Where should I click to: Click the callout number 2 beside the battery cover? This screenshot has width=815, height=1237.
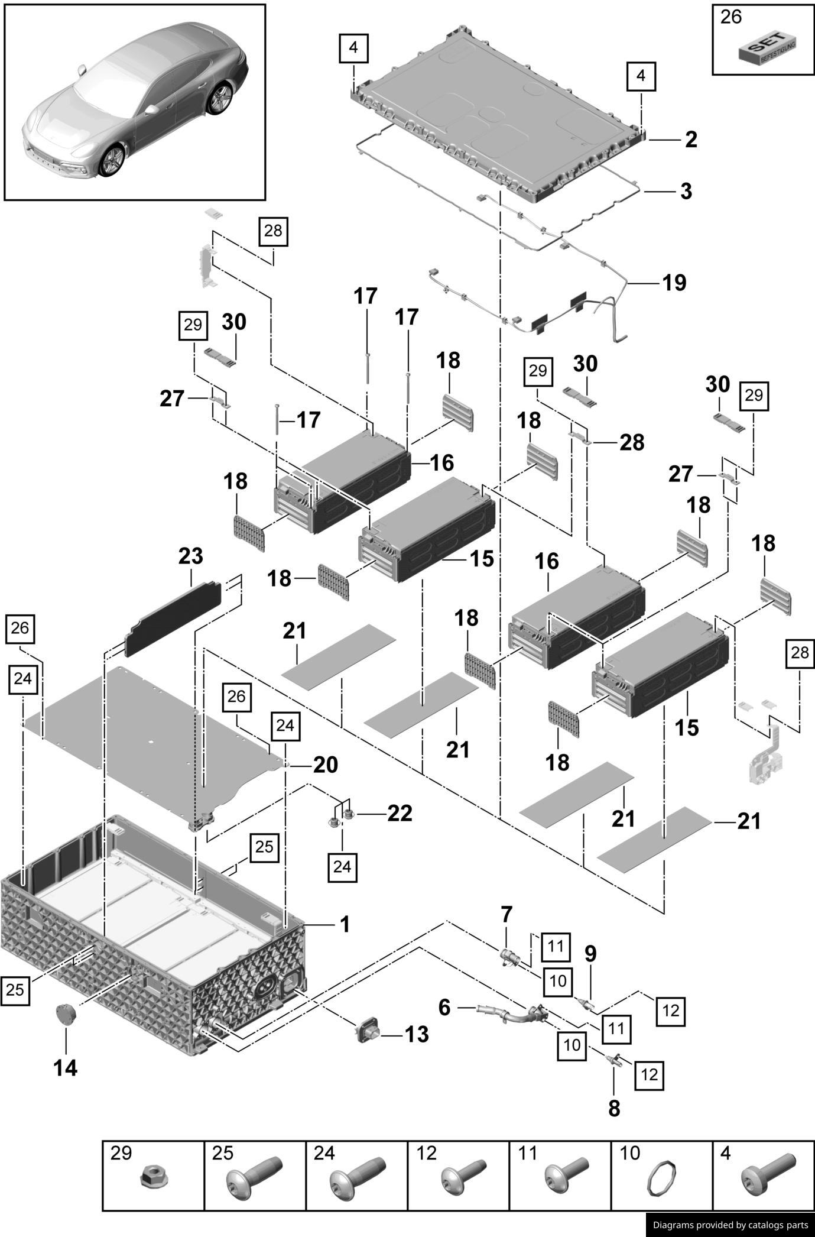[691, 140]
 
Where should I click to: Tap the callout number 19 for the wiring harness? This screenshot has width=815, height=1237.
[674, 283]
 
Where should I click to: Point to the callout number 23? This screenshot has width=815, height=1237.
[191, 556]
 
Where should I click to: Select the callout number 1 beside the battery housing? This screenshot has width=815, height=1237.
[345, 924]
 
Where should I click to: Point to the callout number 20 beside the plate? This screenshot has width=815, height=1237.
[326, 765]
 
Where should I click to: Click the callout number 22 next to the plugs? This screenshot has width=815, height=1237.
[400, 814]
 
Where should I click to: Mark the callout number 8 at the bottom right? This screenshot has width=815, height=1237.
[614, 1108]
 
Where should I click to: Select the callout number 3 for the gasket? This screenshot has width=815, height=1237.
[686, 192]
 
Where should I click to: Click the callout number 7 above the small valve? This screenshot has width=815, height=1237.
[506, 915]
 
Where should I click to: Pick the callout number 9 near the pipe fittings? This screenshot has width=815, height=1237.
[590, 953]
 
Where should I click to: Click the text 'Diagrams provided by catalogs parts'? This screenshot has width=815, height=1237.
[730, 1225]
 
